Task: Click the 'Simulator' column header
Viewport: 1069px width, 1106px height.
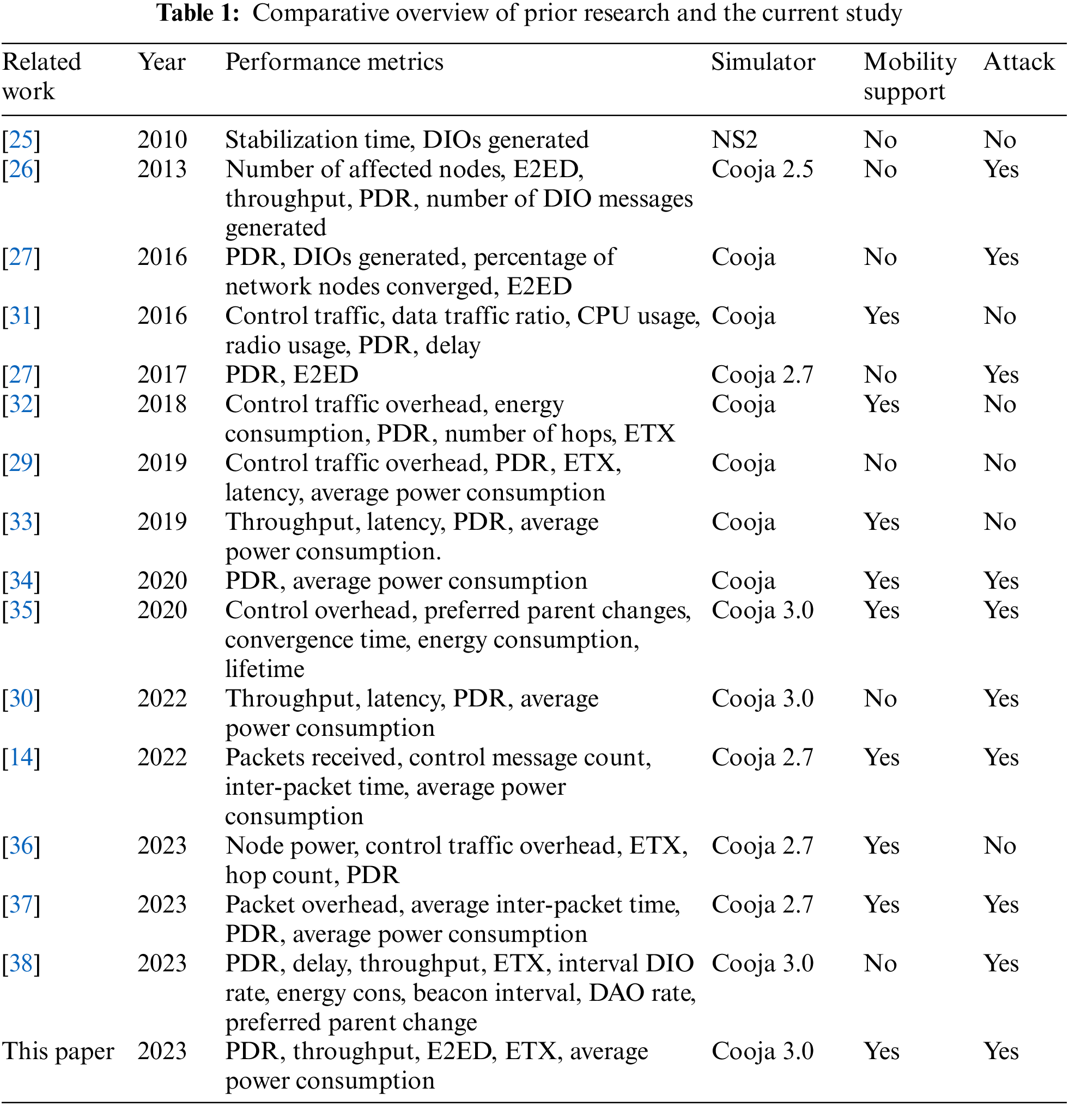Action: click(763, 62)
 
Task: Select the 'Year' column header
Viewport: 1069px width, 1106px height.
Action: click(162, 62)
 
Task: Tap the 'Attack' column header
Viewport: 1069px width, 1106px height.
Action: click(1018, 62)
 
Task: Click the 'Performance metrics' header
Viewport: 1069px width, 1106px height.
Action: click(334, 62)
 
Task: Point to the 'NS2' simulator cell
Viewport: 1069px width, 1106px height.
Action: click(734, 140)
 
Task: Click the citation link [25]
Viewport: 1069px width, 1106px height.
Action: click(21, 140)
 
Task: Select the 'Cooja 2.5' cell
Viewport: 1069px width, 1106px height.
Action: click(762, 170)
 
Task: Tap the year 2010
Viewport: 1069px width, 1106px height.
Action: click(162, 140)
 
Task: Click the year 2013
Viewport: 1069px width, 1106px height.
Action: click(162, 170)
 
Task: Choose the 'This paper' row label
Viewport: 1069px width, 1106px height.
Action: click(58, 1051)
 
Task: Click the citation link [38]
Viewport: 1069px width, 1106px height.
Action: click(21, 963)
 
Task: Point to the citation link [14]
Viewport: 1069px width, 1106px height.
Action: click(21, 757)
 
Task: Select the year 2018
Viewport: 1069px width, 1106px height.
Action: click(162, 404)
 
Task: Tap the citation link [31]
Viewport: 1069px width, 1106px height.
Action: click(21, 316)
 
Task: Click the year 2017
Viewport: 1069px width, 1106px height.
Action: click(162, 375)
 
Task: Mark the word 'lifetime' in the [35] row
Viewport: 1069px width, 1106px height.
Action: click(265, 669)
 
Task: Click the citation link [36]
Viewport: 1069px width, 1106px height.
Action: click(21, 846)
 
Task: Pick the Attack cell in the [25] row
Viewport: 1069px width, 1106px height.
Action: click(1000, 140)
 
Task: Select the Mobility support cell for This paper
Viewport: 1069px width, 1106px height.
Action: click(882, 1051)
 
